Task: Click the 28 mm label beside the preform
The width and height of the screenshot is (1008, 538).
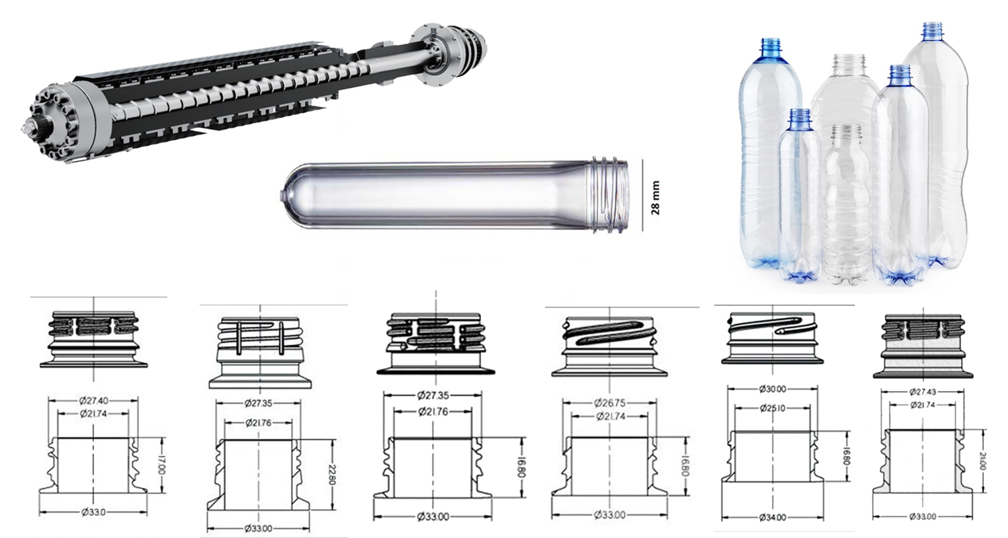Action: click(655, 198)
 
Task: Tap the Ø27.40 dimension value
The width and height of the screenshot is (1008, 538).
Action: click(93, 400)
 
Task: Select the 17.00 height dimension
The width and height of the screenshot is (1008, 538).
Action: click(162, 465)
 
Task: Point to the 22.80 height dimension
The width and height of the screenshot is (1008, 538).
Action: click(333, 475)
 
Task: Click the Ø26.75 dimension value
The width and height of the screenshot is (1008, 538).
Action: click(610, 402)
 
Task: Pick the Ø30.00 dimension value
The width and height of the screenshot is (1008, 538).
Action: click(772, 389)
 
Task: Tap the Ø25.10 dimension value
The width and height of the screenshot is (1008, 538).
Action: click(772, 408)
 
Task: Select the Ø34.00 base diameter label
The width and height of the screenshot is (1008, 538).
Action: click(772, 518)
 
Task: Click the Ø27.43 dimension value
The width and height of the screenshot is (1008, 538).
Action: click(923, 392)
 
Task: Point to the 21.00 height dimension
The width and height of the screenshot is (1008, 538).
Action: click(982, 461)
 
